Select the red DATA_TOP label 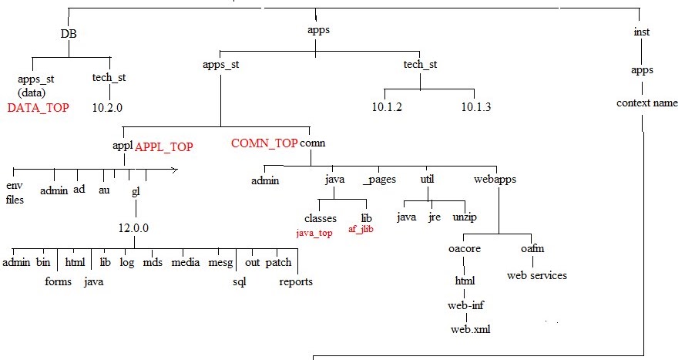click(x=38, y=108)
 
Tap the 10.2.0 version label click(x=108, y=108)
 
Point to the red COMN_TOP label click(x=264, y=143)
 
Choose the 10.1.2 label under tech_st click(x=386, y=106)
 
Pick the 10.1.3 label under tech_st click(x=475, y=106)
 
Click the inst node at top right click(x=641, y=32)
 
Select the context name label click(x=647, y=103)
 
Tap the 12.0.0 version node click(x=133, y=228)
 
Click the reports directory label click(x=296, y=281)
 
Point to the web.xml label click(x=470, y=329)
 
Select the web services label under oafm click(x=536, y=275)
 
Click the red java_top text click(x=314, y=232)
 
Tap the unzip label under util click(x=465, y=217)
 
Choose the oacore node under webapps click(x=465, y=249)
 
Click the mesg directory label click(x=220, y=263)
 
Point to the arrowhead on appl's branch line click(x=175, y=169)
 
